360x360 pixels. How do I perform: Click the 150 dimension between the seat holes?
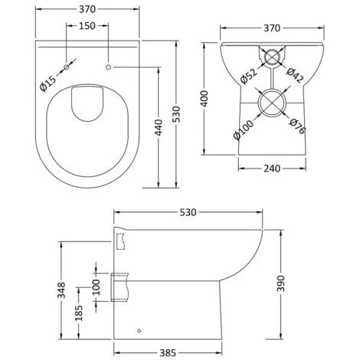point(88,26)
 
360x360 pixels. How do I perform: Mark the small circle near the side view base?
point(140,331)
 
